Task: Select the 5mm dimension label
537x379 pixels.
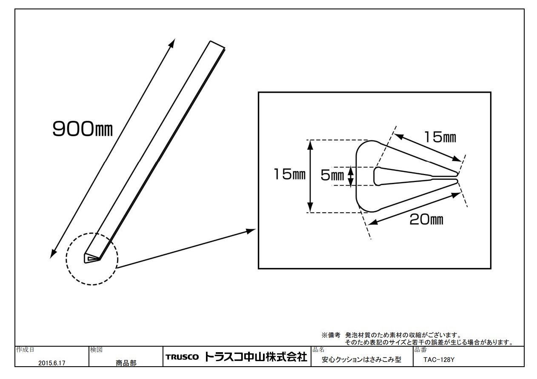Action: click(x=331, y=176)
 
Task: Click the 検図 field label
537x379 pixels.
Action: click(x=94, y=350)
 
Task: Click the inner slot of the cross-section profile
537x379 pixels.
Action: click(x=408, y=177)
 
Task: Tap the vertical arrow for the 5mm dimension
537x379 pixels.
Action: click(x=351, y=176)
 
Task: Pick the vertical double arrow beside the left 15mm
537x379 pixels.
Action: click(x=311, y=176)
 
